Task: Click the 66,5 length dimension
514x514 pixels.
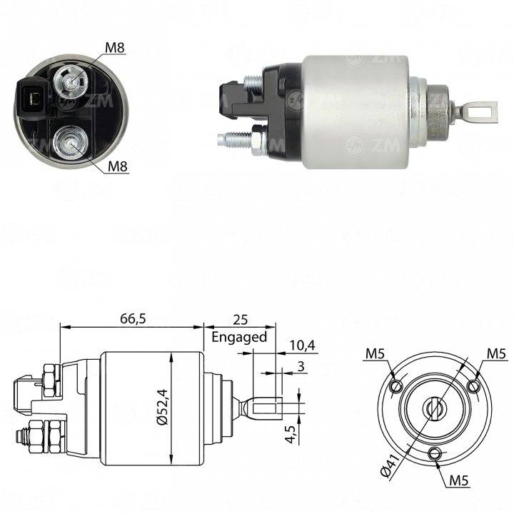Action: (x=133, y=318)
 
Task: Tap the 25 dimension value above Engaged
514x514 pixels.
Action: (x=240, y=320)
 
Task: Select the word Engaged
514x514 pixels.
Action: (x=239, y=337)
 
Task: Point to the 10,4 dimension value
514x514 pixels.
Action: (x=302, y=346)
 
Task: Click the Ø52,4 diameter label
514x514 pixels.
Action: (x=162, y=407)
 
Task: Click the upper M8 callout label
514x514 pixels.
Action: (x=115, y=48)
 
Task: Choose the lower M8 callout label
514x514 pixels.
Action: (x=117, y=166)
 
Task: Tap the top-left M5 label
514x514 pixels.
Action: (x=375, y=353)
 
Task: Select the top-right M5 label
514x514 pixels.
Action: (x=497, y=353)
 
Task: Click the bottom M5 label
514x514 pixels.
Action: (x=459, y=480)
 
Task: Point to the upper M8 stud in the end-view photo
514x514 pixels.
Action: (x=71, y=80)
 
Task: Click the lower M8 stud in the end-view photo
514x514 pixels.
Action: (x=71, y=143)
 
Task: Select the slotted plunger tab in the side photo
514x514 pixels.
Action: (x=480, y=111)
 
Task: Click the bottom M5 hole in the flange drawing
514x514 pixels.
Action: (x=435, y=454)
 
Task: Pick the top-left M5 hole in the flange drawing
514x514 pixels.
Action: (x=395, y=386)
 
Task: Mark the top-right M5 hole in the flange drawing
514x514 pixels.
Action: (x=473, y=386)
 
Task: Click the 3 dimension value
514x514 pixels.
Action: (x=301, y=366)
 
